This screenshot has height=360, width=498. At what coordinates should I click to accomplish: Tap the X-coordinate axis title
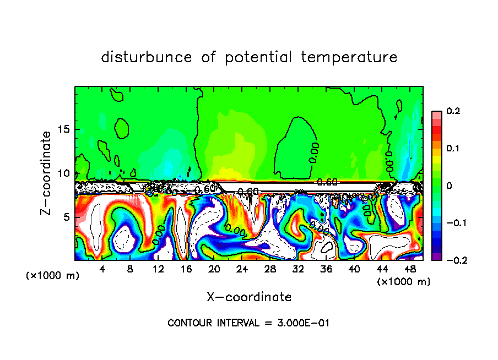coord(249,297)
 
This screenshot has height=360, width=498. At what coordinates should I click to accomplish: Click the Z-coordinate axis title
coord(46,173)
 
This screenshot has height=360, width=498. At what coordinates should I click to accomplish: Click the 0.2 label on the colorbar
coord(453,111)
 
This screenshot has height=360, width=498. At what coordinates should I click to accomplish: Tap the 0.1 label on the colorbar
coord(453,149)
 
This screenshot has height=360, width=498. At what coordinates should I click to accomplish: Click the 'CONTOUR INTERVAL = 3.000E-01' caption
coord(248,323)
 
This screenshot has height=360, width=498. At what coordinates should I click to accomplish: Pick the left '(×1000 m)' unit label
coord(53,276)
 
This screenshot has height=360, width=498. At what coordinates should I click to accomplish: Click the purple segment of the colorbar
coord(436,257)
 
